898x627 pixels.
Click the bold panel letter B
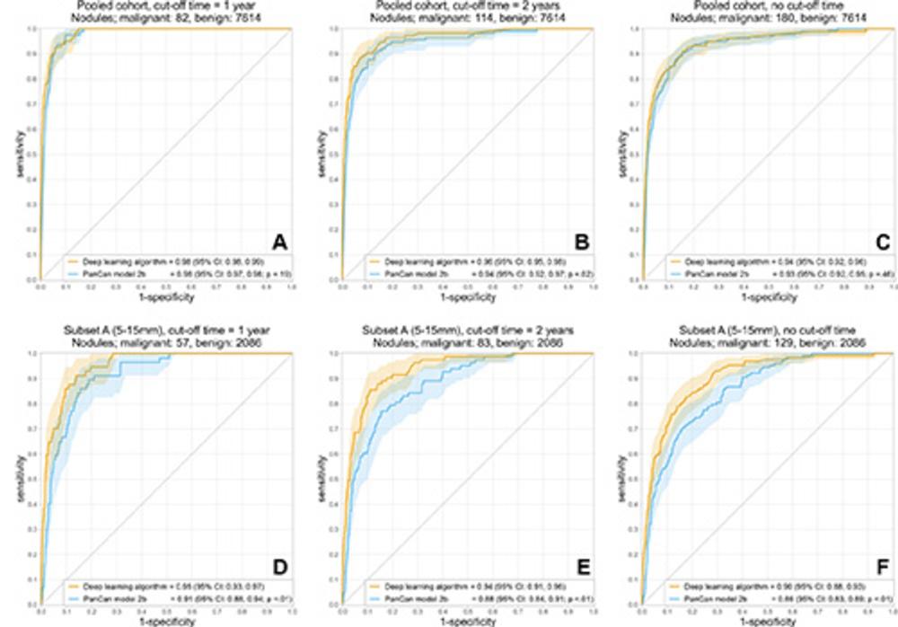580,242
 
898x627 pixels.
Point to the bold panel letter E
580,567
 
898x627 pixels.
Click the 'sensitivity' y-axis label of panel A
20,154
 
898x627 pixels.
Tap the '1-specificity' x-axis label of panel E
468,623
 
